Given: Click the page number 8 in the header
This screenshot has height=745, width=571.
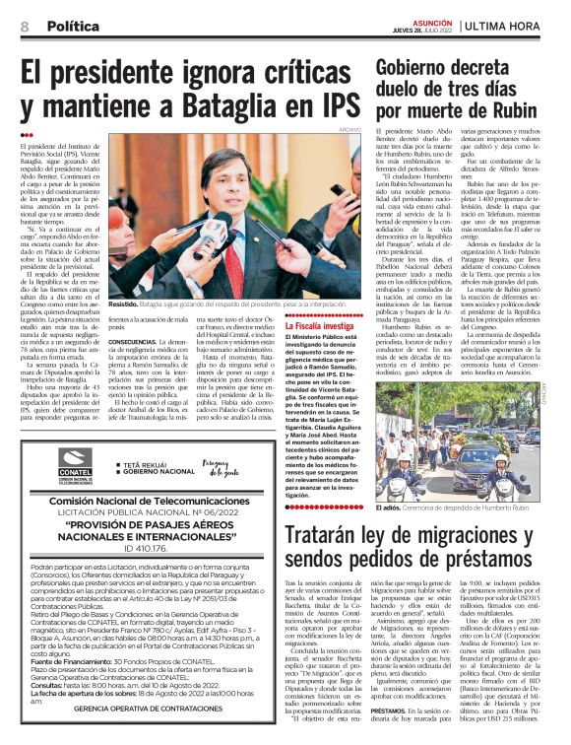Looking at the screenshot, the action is coord(25,26).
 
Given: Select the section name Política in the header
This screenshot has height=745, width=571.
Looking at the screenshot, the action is coord(73,26).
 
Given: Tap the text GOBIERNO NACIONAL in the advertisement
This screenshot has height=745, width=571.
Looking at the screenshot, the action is coord(160,472).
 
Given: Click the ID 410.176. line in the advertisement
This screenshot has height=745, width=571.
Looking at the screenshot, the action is coord(147,547).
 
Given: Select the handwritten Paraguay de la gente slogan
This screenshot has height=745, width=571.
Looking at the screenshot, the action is coord(221,465).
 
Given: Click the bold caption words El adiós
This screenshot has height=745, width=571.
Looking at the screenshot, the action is coord(388,508).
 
